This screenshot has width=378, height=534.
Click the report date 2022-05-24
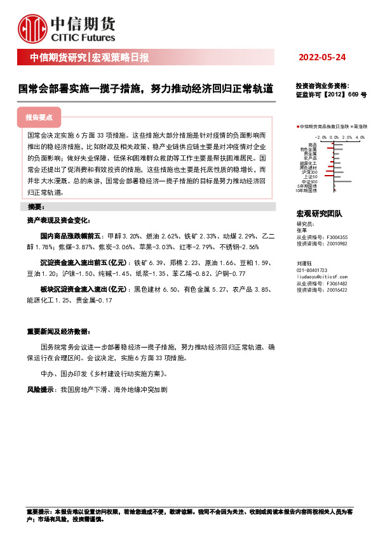coord(322,58)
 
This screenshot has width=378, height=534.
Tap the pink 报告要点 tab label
coord(39,118)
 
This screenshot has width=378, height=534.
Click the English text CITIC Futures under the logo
coord(88,39)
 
